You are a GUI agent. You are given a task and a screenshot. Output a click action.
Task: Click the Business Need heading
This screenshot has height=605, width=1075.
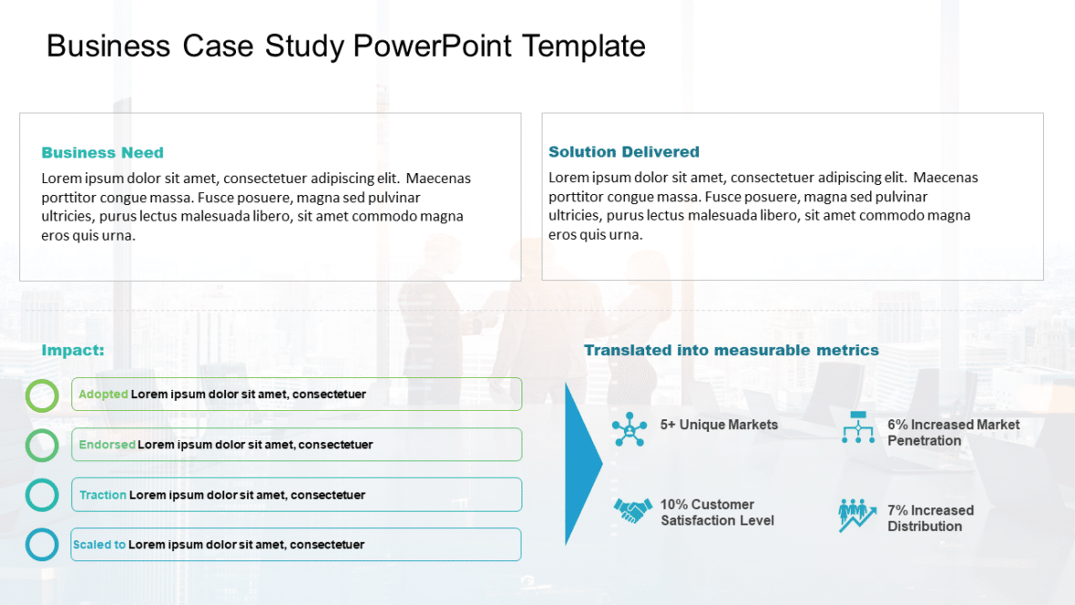coord(102,153)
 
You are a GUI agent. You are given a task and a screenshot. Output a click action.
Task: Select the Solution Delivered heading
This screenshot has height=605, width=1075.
coord(623,152)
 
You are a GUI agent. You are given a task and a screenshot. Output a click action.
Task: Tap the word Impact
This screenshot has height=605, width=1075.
coord(73,351)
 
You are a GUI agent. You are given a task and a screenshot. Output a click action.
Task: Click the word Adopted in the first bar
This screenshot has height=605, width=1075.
coord(103,395)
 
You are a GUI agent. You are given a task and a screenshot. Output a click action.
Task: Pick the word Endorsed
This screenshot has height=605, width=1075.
coord(107,445)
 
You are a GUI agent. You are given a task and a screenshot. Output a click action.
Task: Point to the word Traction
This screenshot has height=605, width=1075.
coord(103,495)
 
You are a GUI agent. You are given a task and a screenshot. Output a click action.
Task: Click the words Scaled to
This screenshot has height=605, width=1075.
coord(99,545)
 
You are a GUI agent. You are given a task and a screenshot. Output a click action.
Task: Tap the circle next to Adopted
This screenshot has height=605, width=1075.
coord(42,395)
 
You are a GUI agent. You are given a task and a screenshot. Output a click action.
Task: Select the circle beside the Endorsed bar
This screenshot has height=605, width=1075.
coord(42,446)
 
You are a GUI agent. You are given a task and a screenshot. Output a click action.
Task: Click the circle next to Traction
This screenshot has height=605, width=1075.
coord(42,495)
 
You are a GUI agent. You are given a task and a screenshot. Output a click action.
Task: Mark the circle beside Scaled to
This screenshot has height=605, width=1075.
coord(42,545)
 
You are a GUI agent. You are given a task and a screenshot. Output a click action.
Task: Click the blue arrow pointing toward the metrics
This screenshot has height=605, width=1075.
coord(581,464)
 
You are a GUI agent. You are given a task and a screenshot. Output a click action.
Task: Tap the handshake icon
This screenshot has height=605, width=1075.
coord(632,510)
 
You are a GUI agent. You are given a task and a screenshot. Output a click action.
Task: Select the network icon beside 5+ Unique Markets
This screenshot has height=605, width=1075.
coord(630,428)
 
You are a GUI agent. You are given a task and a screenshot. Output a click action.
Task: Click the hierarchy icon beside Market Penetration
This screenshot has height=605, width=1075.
coord(857,427)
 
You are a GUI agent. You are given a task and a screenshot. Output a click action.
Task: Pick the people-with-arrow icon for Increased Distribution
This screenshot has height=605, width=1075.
coord(856,515)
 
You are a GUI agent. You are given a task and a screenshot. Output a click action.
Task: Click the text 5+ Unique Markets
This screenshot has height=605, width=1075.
coord(719,425)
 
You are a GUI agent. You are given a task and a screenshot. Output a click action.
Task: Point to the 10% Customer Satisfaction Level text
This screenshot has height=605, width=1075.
coord(717,512)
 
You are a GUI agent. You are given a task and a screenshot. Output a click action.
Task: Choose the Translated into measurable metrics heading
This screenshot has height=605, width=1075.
coord(731,351)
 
